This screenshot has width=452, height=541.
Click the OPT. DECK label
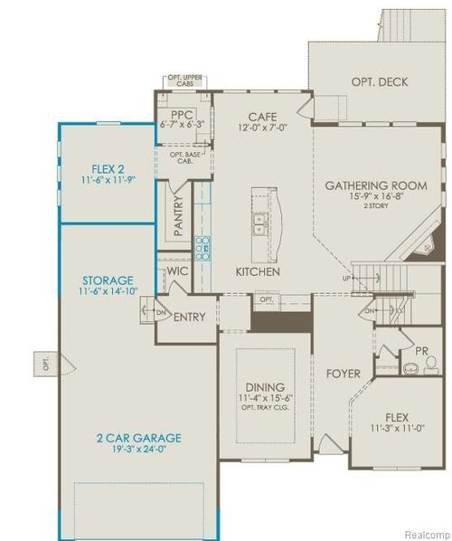point(379,82)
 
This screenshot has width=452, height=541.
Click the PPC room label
point(184,114)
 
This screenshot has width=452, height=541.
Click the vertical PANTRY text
point(179,217)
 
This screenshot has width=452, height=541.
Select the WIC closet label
point(177,270)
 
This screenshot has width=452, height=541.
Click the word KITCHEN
point(258,271)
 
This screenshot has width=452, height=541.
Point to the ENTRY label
point(189,317)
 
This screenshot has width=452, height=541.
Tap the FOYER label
point(344,374)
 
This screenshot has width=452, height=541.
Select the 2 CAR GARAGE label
point(139,438)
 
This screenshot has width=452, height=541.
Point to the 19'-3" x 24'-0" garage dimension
point(139,451)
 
